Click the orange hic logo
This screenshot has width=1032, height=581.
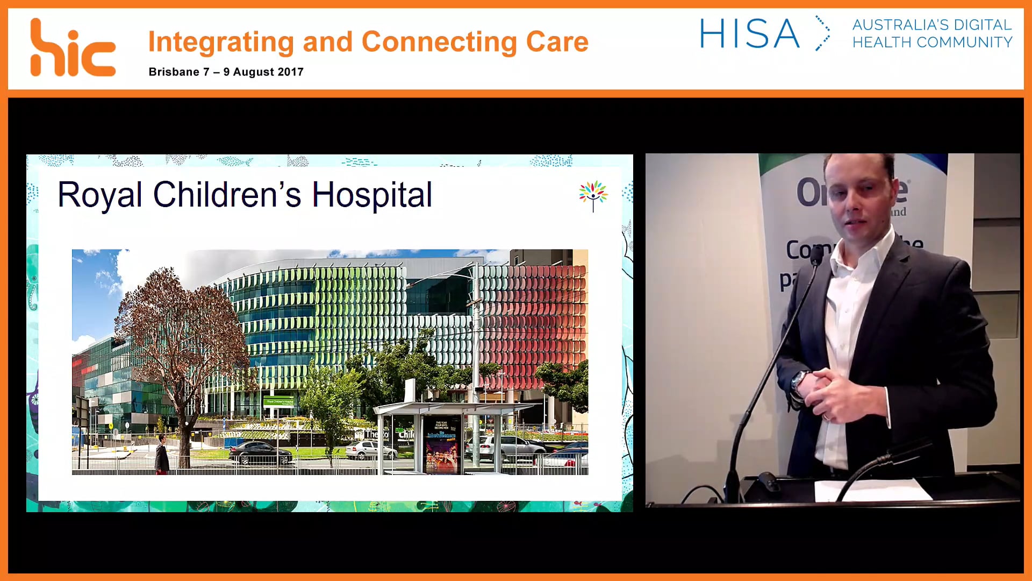pyautogui.click(x=73, y=48)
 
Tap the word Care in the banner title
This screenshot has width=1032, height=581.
pyautogui.click(x=557, y=42)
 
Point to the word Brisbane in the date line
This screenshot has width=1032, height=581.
pyautogui.click(x=174, y=72)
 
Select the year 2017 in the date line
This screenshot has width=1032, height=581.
pyautogui.click(x=290, y=72)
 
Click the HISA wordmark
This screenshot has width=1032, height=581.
pyautogui.click(x=749, y=34)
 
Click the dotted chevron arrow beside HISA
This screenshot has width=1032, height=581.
pyautogui.click(x=822, y=33)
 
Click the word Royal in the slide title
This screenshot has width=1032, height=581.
pyautogui.click(x=100, y=194)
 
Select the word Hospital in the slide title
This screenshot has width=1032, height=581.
pyautogui.click(x=372, y=194)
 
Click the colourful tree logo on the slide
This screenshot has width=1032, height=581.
pyautogui.click(x=593, y=195)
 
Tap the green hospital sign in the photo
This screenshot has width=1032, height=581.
pyautogui.click(x=279, y=401)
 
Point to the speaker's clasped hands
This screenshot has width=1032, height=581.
pyautogui.click(x=830, y=390)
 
